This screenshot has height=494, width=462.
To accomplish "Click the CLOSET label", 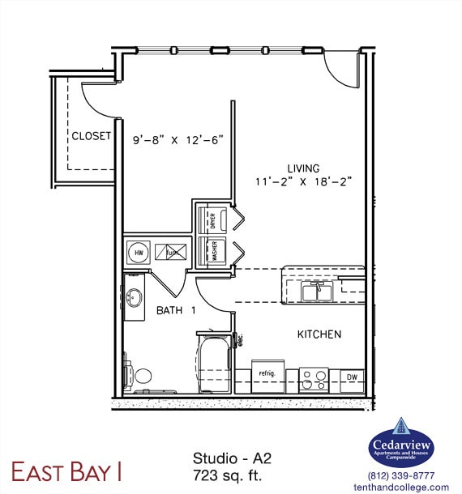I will [x=91, y=136].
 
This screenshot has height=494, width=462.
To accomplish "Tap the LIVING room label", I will [x=302, y=168].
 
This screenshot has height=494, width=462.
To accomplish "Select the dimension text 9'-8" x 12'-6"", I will [x=178, y=138].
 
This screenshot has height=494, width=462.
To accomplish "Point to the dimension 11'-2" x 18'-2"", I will [x=303, y=183].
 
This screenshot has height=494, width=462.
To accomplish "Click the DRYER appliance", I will [x=213, y=219].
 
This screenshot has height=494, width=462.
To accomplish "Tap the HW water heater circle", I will [x=137, y=251].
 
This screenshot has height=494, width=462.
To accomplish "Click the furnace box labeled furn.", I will [x=170, y=252].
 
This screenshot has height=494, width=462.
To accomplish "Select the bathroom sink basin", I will [x=134, y=297].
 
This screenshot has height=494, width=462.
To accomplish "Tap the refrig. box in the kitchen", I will [x=267, y=375].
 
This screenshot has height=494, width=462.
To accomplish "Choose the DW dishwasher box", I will [x=352, y=379].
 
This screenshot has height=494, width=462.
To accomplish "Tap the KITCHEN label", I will [x=319, y=334].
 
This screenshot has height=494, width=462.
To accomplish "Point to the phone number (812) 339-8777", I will [x=401, y=475].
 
